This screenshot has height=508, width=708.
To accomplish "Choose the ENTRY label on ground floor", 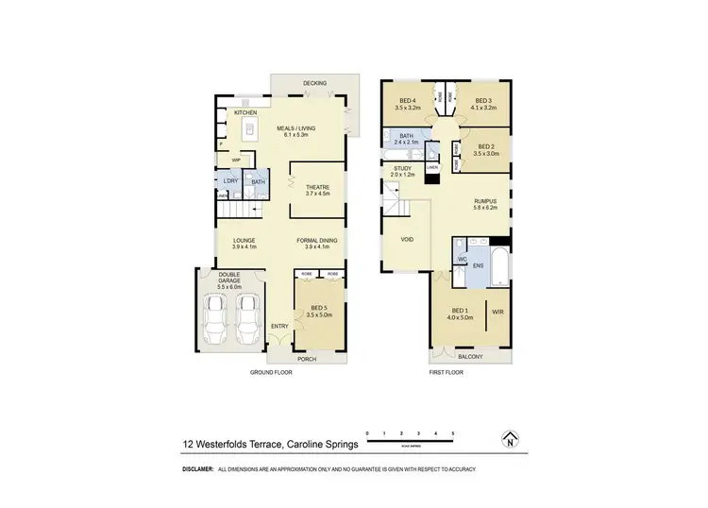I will [x=279, y=327].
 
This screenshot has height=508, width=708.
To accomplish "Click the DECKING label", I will [x=314, y=84].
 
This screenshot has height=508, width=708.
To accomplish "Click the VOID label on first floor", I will [x=408, y=240].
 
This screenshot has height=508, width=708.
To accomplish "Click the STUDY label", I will [x=403, y=170].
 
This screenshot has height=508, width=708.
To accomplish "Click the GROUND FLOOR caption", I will [x=271, y=373].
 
